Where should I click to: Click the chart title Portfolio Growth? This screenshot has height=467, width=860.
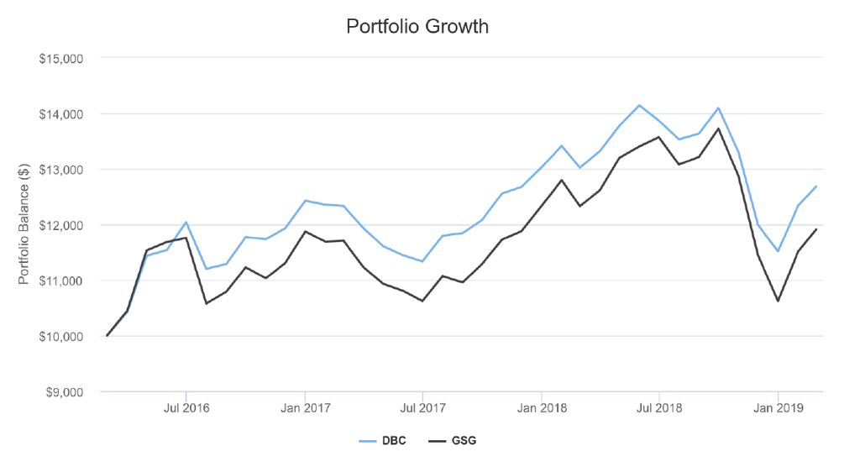[417, 26]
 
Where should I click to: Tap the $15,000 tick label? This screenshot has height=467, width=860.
[60, 58]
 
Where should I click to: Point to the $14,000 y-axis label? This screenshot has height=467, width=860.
[60, 114]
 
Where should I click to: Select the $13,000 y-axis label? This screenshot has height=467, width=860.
[60, 170]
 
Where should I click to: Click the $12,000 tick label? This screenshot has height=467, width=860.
[60, 226]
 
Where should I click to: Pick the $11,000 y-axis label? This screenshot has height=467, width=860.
[60, 281]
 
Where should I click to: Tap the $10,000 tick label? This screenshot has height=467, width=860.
[60, 337]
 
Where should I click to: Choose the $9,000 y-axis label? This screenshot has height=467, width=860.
[64, 392]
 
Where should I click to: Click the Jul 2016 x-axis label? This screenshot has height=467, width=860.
[186, 408]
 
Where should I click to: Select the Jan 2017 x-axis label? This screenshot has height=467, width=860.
[306, 408]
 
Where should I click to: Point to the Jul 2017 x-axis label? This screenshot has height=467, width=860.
[422, 408]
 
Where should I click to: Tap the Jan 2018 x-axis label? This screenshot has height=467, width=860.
[542, 408]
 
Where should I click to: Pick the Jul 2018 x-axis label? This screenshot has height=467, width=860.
[659, 408]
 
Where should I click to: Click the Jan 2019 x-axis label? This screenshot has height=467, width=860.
[779, 408]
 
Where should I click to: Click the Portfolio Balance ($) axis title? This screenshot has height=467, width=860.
[23, 224]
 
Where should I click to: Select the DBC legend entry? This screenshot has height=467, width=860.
[382, 441]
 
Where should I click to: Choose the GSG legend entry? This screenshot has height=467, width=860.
[453, 441]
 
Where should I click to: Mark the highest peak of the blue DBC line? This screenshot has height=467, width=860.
[639, 105]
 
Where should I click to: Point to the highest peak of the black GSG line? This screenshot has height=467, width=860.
[719, 129]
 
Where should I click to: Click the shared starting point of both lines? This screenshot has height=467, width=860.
[107, 336]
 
